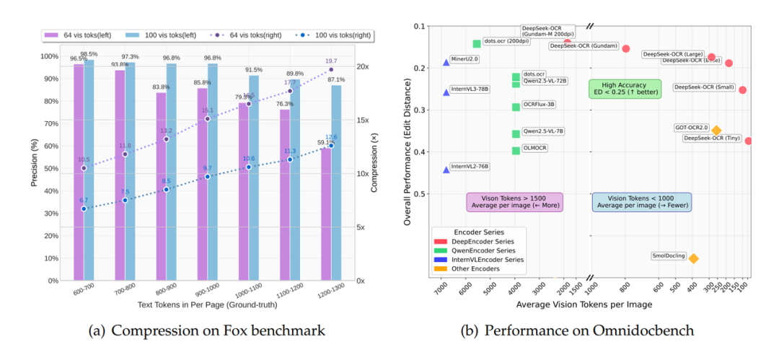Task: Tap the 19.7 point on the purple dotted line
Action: (x=331, y=69)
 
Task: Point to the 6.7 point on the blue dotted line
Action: (x=84, y=208)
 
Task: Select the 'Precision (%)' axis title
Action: (x=35, y=158)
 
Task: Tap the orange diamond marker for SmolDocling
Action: (x=693, y=258)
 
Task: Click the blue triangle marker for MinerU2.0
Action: (x=446, y=63)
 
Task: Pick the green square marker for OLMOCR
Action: (x=516, y=151)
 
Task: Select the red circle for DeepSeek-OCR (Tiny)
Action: (x=749, y=141)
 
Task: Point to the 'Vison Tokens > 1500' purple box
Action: (x=514, y=201)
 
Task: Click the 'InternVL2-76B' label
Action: (x=470, y=167)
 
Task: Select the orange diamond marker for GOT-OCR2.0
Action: (x=716, y=131)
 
